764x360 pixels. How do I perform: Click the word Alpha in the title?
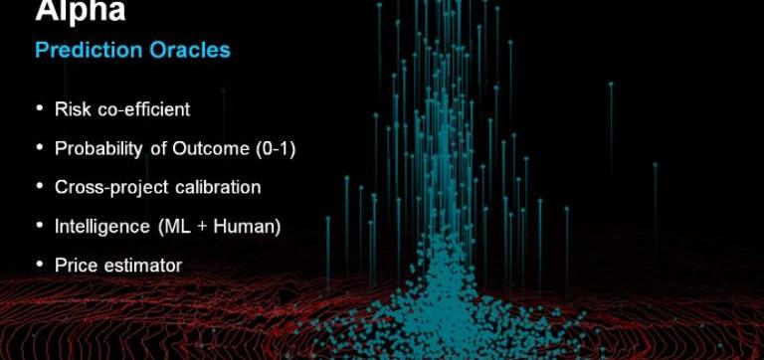coord(81,10)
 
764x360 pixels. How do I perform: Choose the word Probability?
coord(98,148)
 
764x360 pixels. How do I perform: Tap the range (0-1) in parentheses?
coord(276,148)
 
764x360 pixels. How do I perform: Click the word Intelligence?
coord(102,227)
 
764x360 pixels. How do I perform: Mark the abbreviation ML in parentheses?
coord(175,227)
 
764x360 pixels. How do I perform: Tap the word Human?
coord(247,227)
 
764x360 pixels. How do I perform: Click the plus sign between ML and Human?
coord(203,227)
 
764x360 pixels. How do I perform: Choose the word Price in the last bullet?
coord(76,266)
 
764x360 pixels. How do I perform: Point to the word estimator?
coord(143,266)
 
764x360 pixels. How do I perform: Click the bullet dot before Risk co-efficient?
coord(40,108)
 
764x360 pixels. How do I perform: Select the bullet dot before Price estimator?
coord(40,265)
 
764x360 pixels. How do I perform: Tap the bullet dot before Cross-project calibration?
coord(40,187)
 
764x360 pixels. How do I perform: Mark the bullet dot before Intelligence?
coord(40,226)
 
